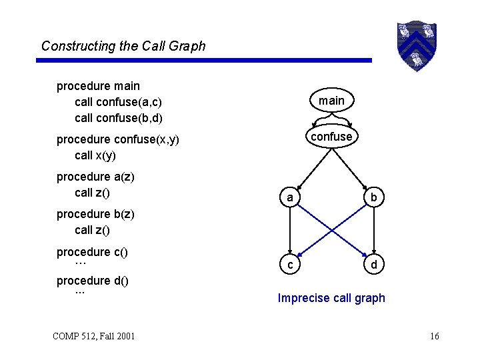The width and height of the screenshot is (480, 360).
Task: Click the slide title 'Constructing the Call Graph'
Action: [x=123, y=46]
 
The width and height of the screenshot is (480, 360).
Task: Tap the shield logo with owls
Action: [x=417, y=45]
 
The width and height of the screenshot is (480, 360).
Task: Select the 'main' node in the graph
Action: [x=331, y=101]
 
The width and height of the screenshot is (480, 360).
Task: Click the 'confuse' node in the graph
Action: [x=331, y=136]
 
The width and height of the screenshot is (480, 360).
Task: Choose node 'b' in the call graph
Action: [x=374, y=197]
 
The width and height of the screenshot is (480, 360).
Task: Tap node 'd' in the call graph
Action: [x=374, y=265]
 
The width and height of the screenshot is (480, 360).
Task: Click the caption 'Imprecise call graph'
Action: [x=331, y=298]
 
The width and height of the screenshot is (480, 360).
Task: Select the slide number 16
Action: [x=435, y=336]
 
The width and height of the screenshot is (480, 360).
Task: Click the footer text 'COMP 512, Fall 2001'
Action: [x=93, y=336]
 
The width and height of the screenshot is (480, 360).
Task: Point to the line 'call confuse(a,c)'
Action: [x=119, y=102]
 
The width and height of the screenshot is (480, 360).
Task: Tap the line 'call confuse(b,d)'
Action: [x=119, y=118]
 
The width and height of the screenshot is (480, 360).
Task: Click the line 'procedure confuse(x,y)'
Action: [x=117, y=139]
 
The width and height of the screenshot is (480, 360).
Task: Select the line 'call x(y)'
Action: [x=95, y=155]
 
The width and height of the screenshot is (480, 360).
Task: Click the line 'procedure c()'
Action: [x=92, y=252]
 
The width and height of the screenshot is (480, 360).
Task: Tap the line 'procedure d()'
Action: [x=92, y=281]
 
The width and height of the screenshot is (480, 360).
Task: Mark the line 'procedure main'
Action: [x=98, y=86]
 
